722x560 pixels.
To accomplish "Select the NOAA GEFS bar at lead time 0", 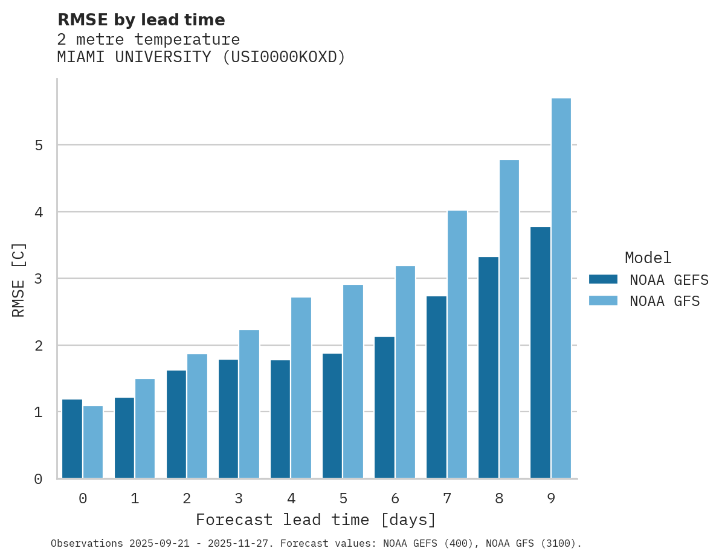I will (73, 439).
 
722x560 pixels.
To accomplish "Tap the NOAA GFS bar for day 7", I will (457, 345).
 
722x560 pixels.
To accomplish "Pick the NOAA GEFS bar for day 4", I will (280, 419).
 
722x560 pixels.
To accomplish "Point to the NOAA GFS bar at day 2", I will (197, 416).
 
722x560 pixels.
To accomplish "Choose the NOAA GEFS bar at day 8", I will (488, 367).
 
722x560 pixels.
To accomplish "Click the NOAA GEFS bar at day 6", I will (384, 407).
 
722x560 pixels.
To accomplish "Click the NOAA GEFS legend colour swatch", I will (603, 279).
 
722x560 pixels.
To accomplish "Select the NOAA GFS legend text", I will (665, 301).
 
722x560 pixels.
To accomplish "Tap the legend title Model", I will (648, 258).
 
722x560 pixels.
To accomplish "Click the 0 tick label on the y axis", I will (38, 479).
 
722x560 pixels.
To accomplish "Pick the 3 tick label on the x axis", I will (239, 498).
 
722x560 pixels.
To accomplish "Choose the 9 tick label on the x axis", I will (551, 498).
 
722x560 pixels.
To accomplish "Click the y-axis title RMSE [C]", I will (19, 279).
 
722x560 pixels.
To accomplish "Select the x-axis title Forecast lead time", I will (315, 520).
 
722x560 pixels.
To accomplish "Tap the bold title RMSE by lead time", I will (141, 20).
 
